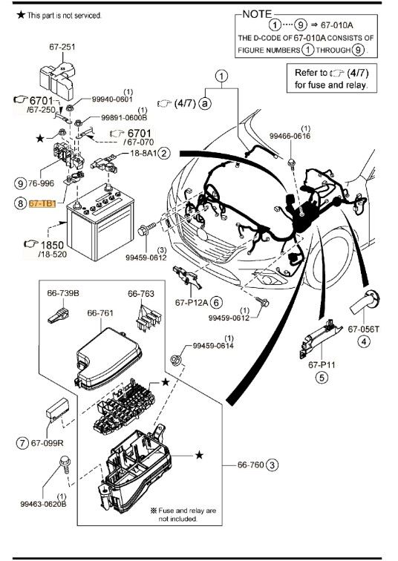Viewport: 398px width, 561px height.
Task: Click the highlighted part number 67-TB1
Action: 42,204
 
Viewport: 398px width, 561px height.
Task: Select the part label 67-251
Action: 62,47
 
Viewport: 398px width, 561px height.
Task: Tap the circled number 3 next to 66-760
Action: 273,465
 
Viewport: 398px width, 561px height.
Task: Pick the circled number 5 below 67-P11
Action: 322,378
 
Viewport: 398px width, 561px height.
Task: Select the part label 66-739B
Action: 63,293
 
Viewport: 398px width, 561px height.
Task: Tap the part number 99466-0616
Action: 290,136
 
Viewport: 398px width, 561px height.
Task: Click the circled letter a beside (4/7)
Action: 205,103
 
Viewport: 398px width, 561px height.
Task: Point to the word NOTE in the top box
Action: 257,14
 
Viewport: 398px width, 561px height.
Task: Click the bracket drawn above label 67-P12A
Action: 187,278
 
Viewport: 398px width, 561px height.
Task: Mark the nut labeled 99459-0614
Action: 176,359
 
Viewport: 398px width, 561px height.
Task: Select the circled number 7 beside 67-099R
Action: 22,442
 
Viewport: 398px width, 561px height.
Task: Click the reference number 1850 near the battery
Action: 52,245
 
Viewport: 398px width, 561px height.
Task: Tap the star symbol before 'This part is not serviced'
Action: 21,15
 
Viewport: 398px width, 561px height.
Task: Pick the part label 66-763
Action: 141,293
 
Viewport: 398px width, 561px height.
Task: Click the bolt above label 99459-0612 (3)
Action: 146,229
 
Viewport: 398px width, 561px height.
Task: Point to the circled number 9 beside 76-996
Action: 20,183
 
